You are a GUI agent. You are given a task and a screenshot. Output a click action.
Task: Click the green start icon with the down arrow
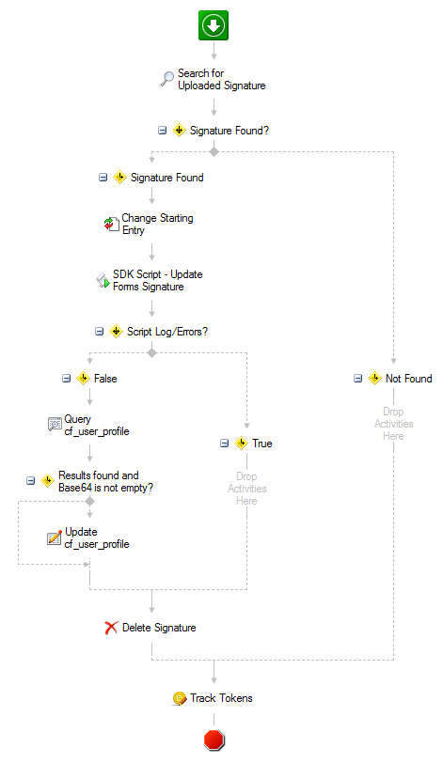(214, 25)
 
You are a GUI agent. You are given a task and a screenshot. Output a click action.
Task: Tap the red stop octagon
(214, 740)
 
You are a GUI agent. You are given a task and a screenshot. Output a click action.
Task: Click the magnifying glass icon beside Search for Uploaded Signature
(167, 79)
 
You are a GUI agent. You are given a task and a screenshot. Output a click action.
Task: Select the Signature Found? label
(229, 131)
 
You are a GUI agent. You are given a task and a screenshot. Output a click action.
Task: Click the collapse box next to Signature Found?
(162, 131)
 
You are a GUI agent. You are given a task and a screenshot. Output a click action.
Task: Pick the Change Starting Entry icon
(112, 224)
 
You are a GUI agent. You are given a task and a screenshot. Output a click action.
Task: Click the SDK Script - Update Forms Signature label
(158, 280)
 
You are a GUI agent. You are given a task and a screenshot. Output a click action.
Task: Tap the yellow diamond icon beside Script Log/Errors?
(116, 332)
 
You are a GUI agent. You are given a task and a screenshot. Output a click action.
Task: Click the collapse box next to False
(66, 378)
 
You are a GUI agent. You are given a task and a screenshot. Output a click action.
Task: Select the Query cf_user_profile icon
(55, 425)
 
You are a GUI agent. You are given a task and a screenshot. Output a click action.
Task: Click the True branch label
(261, 444)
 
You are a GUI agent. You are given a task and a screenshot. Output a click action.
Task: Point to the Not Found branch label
(408, 379)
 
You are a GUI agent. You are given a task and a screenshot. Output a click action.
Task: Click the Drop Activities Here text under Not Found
(393, 424)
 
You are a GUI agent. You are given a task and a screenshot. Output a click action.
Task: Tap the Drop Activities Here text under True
(246, 489)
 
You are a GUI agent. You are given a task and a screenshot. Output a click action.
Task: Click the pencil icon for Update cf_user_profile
(55, 537)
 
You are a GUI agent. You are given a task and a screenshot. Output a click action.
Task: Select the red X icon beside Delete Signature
(111, 628)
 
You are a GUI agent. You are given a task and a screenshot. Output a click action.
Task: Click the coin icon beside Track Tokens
(180, 699)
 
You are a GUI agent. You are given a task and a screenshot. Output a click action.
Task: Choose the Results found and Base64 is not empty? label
(105, 481)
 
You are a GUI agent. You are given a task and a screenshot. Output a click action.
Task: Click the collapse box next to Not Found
(357, 378)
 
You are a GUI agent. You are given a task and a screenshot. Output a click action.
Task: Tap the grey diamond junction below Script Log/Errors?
(151, 352)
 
